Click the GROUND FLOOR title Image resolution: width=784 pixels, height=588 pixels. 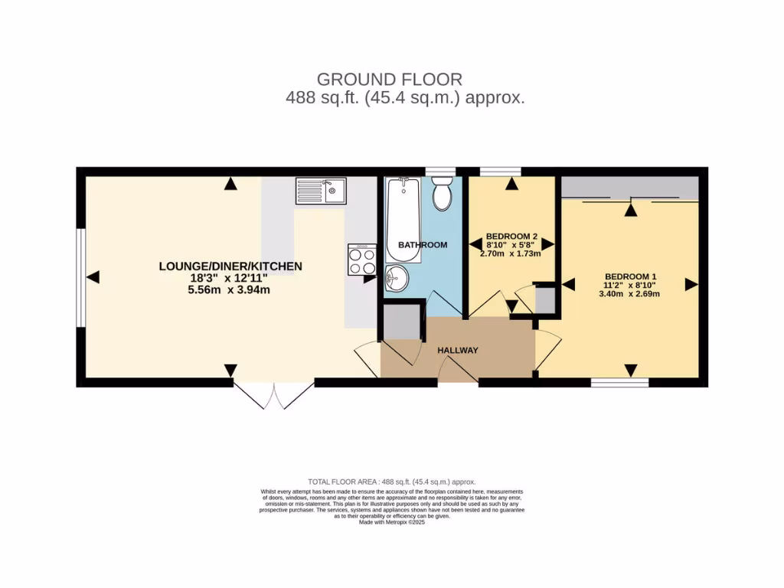pyautogui.click(x=389, y=79)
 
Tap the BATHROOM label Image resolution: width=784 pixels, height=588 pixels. pyautogui.click(x=422, y=245)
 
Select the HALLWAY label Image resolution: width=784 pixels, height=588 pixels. pyautogui.click(x=458, y=351)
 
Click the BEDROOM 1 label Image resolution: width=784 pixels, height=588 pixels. pyautogui.click(x=631, y=277)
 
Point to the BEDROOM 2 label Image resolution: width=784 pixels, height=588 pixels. pyautogui.click(x=511, y=237)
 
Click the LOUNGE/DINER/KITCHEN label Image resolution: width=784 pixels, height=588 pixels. pyautogui.click(x=230, y=266)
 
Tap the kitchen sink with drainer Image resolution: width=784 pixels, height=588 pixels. pyautogui.click(x=321, y=191)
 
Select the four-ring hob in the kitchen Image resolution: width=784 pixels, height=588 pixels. pyautogui.click(x=361, y=260)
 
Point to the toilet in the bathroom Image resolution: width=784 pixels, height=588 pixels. pyautogui.click(x=442, y=194)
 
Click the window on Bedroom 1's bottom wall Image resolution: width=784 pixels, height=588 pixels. pyautogui.click(x=620, y=382)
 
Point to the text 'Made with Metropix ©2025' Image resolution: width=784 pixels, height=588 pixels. pyautogui.click(x=390, y=522)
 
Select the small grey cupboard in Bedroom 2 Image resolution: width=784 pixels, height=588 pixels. pyautogui.click(x=545, y=299)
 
